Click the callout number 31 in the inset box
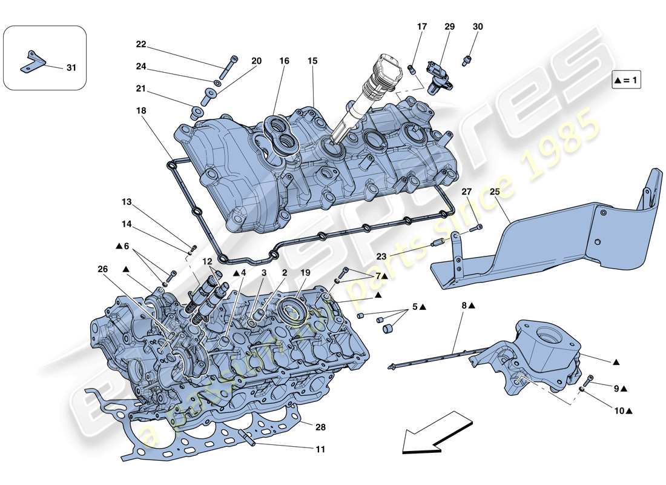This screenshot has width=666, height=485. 71,68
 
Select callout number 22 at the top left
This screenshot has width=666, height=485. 141,44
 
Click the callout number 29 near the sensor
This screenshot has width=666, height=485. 449,27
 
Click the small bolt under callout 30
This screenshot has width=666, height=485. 467,60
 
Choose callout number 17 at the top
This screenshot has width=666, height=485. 422,27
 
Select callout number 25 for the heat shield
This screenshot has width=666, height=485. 495,192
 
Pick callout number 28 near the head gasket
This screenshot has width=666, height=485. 320,427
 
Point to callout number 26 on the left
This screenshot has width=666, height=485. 102,269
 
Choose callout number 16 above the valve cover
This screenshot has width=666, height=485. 285,61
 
